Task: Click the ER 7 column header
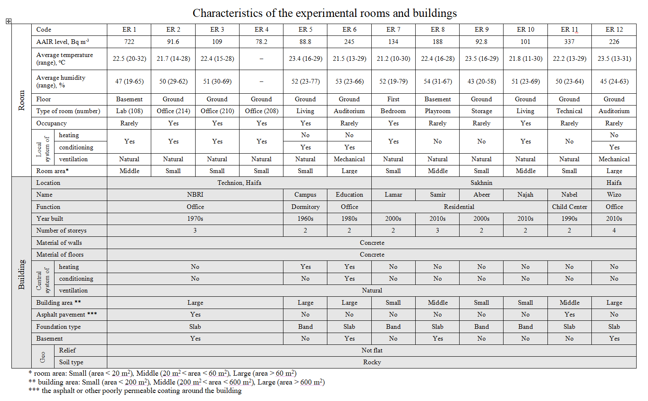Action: (x=393, y=30)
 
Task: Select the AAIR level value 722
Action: (x=129, y=42)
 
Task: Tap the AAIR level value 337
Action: (x=569, y=42)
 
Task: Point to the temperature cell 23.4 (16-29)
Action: (x=305, y=59)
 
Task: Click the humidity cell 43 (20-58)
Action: (x=482, y=81)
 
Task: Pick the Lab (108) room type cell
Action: (x=129, y=111)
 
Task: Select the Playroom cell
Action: (x=438, y=111)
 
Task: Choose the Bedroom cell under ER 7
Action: (x=393, y=111)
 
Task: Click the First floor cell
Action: (x=393, y=99)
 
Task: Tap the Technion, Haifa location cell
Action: (x=239, y=183)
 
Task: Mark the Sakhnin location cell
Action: (x=482, y=183)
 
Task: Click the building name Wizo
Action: (x=614, y=195)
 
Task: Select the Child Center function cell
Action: (x=569, y=207)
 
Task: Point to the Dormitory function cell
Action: (x=305, y=207)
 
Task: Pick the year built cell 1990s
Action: (x=569, y=219)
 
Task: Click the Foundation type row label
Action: (x=58, y=327)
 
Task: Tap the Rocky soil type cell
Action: (x=372, y=362)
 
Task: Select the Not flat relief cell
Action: (x=372, y=350)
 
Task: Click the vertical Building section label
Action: (x=22, y=274)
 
